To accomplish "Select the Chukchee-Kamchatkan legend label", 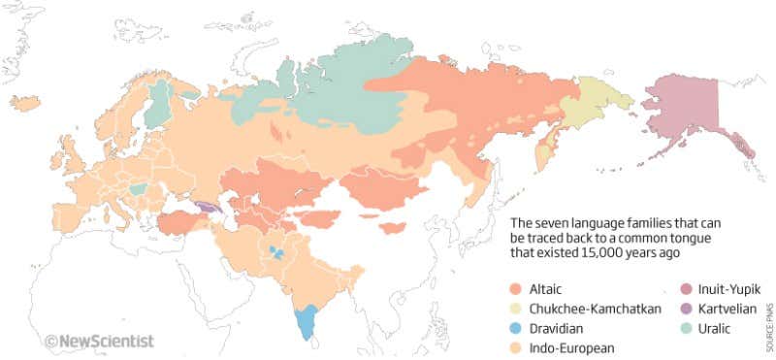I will click(594, 309).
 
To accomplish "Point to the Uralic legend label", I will click(706, 328).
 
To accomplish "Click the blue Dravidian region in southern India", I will click(308, 321).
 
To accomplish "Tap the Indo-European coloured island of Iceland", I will click(25, 101).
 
